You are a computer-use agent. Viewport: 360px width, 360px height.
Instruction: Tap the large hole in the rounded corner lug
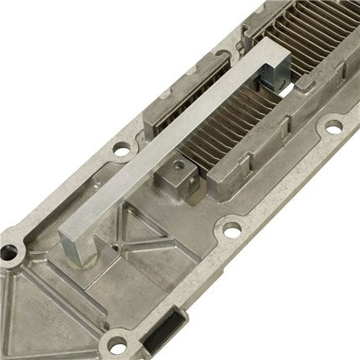pos(11,250)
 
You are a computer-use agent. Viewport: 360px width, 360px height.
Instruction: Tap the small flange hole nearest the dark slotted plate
pos(121,152)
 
